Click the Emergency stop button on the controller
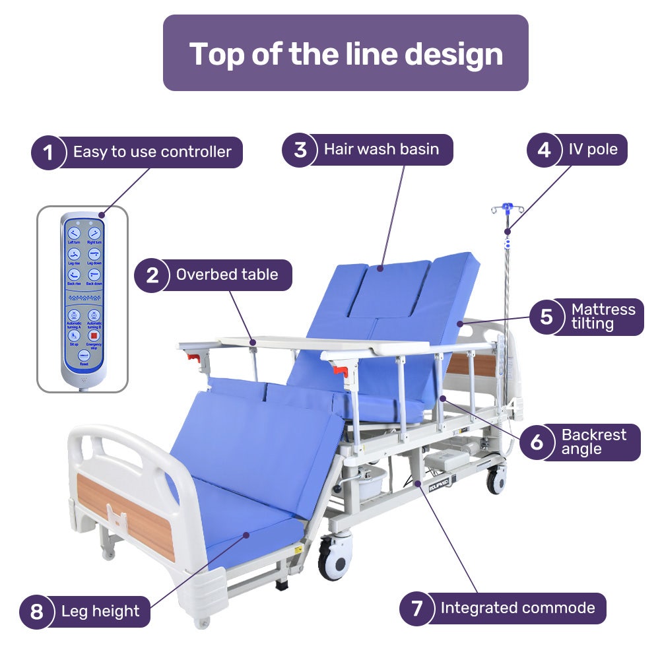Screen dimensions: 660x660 click(94, 336)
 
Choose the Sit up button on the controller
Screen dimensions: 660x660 click(73, 336)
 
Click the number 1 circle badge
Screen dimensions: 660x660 click(48, 153)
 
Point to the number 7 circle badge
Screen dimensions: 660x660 click(416, 609)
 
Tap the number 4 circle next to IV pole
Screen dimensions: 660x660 click(544, 150)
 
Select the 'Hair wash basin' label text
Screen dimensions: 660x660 click(381, 149)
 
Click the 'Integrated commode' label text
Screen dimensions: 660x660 click(517, 608)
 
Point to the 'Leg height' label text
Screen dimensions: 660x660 click(100, 611)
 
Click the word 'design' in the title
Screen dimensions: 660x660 click(453, 53)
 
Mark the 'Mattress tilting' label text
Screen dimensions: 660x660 click(603, 316)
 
